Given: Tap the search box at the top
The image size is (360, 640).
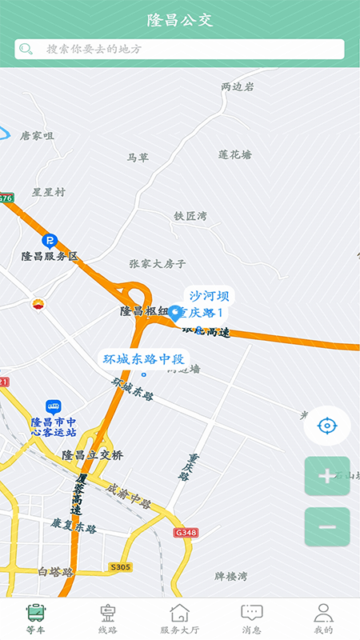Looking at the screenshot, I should point(180,49).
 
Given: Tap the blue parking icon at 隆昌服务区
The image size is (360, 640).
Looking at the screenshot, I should point(50,240).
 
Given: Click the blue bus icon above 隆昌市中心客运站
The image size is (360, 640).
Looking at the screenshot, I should point(53,407).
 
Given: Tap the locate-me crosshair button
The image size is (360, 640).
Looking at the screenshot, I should point(326,425).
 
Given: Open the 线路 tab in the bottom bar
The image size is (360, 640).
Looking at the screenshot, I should point(107,618).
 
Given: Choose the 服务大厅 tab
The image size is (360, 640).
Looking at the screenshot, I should point(180,618).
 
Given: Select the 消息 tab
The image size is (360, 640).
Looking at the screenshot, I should point(252,618).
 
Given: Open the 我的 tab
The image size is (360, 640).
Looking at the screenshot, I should point(323,618).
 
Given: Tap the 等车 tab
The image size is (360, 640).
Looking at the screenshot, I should point(36,618).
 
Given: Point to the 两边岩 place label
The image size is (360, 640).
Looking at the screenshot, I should point(238,86).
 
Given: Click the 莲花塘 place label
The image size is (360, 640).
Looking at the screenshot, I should point(234,154).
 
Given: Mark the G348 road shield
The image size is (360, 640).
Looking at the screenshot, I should point(185,532).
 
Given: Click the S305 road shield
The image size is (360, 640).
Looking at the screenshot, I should point(120,566).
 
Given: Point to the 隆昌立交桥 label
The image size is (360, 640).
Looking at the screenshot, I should point(93,455).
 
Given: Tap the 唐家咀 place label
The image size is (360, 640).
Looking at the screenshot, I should point(37,136).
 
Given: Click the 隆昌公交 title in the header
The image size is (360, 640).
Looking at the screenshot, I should point(180,20).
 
